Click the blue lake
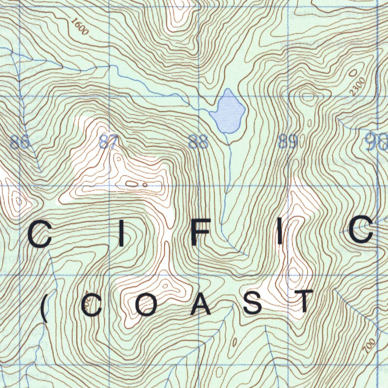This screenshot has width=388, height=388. tap(228, 112)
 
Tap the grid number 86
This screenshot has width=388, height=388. tap(20, 143)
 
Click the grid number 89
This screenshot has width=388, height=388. tap(288, 142)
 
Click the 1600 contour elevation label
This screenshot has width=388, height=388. tap(80, 26)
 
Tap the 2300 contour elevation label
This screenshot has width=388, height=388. tap(357, 86)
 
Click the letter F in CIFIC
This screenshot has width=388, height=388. tap(199, 234)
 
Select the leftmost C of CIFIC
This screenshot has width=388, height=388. tap(40, 235)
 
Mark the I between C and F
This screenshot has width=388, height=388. tap(121, 235)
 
